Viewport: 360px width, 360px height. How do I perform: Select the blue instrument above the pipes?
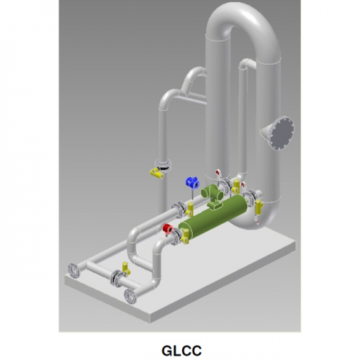click(192, 183)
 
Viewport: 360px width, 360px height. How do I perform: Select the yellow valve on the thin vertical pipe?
click(156, 173)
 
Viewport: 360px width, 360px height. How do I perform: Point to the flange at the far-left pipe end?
click(73, 270)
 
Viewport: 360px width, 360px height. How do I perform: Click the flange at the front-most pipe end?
click(130, 294)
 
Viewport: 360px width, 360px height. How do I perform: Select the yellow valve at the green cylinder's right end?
click(258, 209)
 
